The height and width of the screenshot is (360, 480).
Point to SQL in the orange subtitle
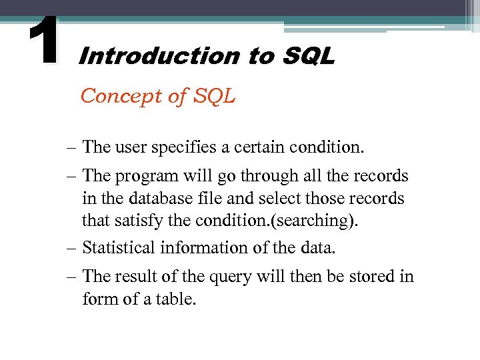click(215, 97)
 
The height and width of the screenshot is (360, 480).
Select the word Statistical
click(119, 248)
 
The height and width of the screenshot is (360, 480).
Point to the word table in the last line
click(179, 299)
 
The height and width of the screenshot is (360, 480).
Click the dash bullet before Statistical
click(71, 248)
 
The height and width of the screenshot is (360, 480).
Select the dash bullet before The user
click(71, 147)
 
